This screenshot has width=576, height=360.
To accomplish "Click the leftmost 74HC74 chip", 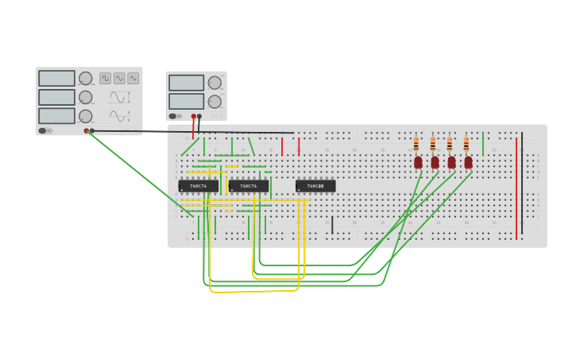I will pyautogui.click(x=198, y=186).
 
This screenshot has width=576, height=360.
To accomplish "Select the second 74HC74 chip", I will pyautogui.click(x=248, y=186).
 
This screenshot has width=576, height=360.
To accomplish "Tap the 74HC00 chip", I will pyautogui.click(x=315, y=186).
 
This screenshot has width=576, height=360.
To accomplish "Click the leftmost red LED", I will pyautogui.click(x=418, y=162).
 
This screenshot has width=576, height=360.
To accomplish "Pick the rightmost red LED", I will pyautogui.click(x=468, y=162).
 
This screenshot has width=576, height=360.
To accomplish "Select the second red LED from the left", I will pyautogui.click(x=435, y=162).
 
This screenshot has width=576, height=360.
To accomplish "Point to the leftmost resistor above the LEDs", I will pyautogui.click(x=416, y=145).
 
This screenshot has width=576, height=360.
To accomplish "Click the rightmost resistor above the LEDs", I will pyautogui.click(x=466, y=145).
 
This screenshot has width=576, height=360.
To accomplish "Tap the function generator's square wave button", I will pyautogui.click(x=105, y=78).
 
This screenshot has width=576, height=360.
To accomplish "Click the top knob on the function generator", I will pyautogui.click(x=85, y=78).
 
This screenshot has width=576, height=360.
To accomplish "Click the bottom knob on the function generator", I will pyautogui.click(x=85, y=116).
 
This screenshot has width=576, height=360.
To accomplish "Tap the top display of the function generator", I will pyautogui.click(x=56, y=78).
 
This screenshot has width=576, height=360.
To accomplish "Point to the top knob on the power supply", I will pyautogui.click(x=215, y=83).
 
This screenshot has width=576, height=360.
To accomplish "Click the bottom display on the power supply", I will pyautogui.click(x=186, y=101).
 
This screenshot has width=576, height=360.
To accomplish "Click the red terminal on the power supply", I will pyautogui.click(x=193, y=116).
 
